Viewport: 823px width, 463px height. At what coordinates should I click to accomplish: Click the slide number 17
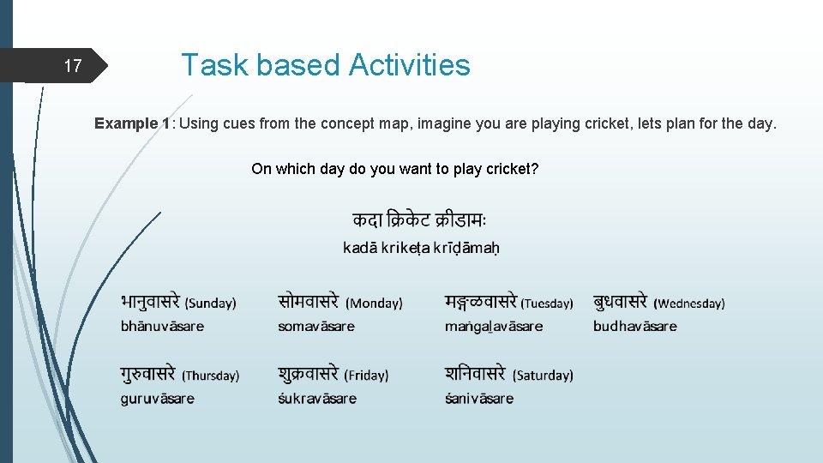(x=73, y=66)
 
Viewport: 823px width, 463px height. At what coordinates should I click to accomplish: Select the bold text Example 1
(x=132, y=123)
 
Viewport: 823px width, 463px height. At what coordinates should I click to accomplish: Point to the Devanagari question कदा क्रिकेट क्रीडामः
(x=419, y=219)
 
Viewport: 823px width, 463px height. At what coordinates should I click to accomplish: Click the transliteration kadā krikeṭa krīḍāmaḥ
(x=421, y=249)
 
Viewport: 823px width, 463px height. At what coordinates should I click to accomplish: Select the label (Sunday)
(x=210, y=303)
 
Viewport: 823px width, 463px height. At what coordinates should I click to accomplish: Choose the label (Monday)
(x=374, y=303)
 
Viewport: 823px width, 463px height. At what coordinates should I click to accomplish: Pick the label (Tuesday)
(x=547, y=304)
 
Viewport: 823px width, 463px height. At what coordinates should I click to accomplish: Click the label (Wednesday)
(x=689, y=304)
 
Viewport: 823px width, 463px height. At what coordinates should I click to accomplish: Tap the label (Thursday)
(x=211, y=376)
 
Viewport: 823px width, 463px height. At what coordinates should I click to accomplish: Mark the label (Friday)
(x=366, y=376)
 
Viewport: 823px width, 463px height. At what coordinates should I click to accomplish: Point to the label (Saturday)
(x=543, y=376)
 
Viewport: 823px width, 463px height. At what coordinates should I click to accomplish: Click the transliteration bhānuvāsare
(x=162, y=327)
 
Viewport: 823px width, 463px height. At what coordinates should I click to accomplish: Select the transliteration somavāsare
(x=316, y=327)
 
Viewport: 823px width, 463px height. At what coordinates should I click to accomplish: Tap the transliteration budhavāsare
(x=634, y=327)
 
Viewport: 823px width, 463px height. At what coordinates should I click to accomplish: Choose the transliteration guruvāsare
(x=158, y=399)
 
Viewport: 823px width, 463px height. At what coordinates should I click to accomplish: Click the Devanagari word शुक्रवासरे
(x=309, y=374)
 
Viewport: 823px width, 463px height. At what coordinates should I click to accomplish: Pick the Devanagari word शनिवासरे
(x=476, y=374)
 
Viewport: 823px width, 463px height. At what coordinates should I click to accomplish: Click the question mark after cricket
(x=535, y=169)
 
